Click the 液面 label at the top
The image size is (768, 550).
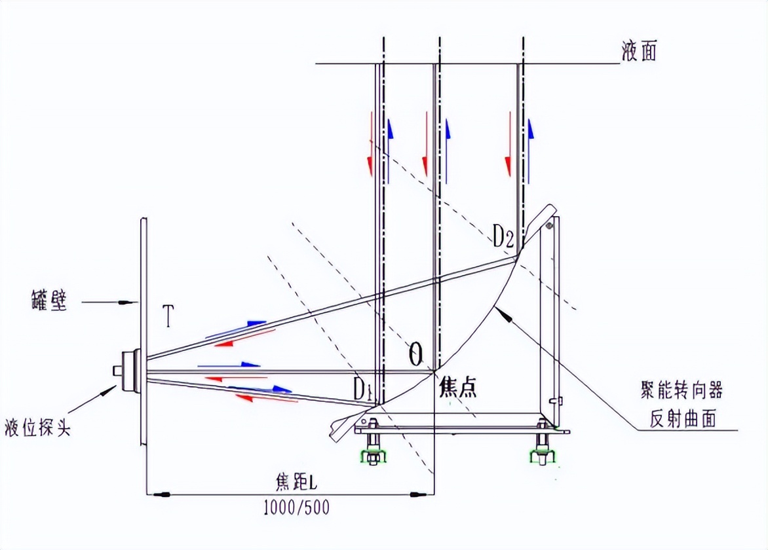tap(639, 51)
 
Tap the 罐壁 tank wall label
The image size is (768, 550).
tap(49, 300)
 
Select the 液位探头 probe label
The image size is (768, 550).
tap(38, 427)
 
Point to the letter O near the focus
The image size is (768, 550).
tap(415, 354)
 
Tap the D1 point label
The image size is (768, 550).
tap(362, 390)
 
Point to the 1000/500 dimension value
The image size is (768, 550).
tap(296, 507)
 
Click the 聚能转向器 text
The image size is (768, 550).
tap(682, 390)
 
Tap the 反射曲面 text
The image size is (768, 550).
tap(682, 418)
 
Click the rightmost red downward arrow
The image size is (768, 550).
tap(509, 143)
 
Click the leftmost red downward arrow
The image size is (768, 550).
tap(371, 143)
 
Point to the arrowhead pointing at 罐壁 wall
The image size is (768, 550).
tap(130, 302)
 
